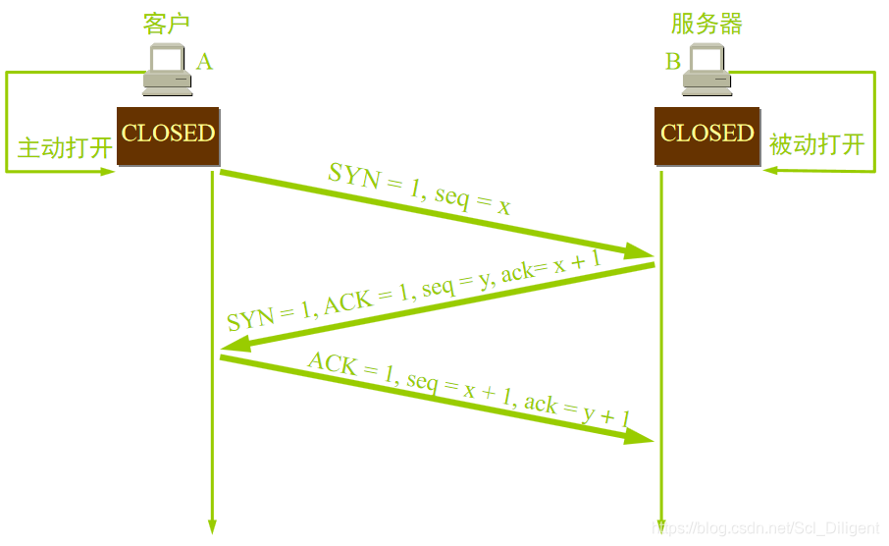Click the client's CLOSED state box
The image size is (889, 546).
(168, 135)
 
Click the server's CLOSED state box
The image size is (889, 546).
(707, 135)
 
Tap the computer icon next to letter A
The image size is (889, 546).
(167, 72)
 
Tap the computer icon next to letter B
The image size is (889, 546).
(707, 72)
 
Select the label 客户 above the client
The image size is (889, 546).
(166, 24)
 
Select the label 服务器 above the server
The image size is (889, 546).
(706, 24)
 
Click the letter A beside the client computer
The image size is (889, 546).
(204, 62)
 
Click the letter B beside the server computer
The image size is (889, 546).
(673, 62)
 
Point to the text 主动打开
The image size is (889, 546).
(65, 148)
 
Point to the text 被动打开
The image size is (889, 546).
(816, 145)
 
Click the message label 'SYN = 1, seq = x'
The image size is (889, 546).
(420, 189)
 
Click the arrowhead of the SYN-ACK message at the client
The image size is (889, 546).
(234, 346)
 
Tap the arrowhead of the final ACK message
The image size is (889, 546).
(640, 436)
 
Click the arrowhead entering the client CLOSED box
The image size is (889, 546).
(107, 171)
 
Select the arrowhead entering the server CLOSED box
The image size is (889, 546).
(771, 171)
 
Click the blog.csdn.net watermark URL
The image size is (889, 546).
(765, 529)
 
